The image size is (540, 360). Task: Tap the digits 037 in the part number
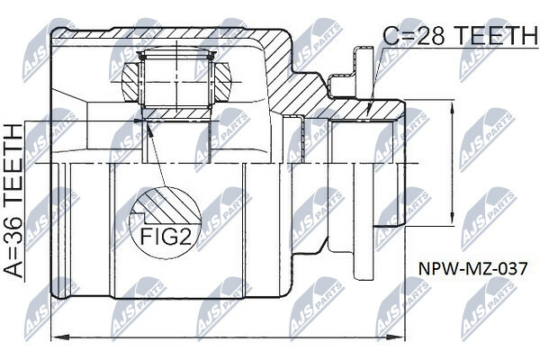point(501,268)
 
